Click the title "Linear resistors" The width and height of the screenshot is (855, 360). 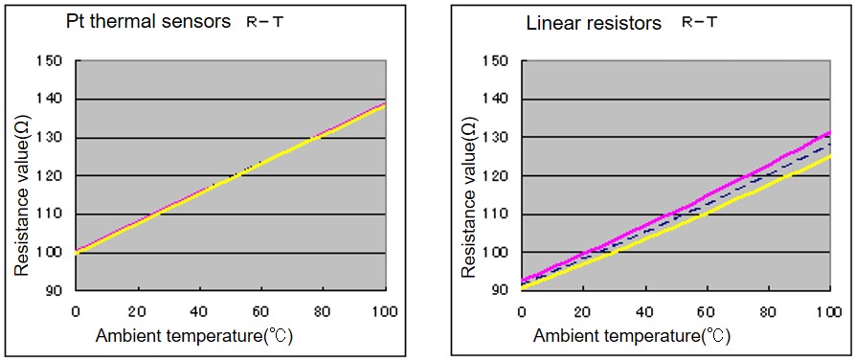click(594, 24)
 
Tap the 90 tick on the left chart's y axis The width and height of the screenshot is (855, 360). click(59, 291)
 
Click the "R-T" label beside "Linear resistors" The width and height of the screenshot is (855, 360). click(700, 23)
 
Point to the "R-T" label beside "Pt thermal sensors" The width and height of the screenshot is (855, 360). click(265, 23)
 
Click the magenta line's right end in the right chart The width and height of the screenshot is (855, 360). click(829, 132)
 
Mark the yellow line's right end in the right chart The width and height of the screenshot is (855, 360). click(829, 155)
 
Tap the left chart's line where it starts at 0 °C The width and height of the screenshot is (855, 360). click(77, 252)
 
